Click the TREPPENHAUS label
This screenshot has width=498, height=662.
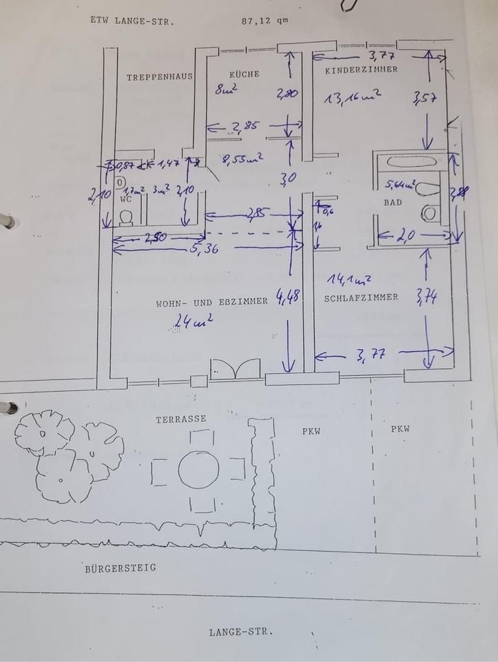pyautogui.click(x=159, y=77)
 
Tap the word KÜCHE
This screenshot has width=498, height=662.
pyautogui.click(x=245, y=74)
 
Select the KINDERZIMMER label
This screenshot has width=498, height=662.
pyautogui.click(x=362, y=70)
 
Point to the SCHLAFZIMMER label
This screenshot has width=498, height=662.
pyautogui.click(x=361, y=297)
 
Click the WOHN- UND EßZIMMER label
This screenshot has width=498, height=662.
pyautogui.click(x=211, y=301)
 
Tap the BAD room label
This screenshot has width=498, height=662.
pyautogui.click(x=393, y=203)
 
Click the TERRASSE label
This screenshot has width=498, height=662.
pyautogui.click(x=180, y=419)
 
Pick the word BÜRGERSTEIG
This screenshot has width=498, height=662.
pyautogui.click(x=121, y=568)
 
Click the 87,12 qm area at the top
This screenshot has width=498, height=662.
pyautogui.click(x=265, y=20)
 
